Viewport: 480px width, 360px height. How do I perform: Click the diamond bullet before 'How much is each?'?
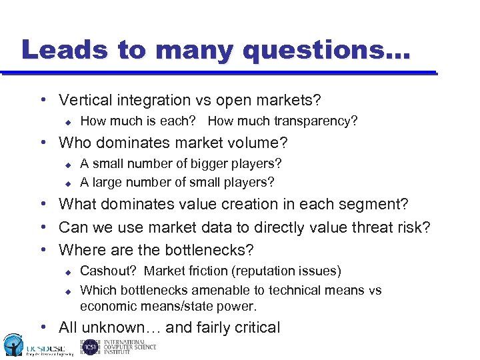[67, 121]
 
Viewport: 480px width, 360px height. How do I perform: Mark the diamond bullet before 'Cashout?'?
[67, 271]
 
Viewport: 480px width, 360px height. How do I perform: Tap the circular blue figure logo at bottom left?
[12, 344]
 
